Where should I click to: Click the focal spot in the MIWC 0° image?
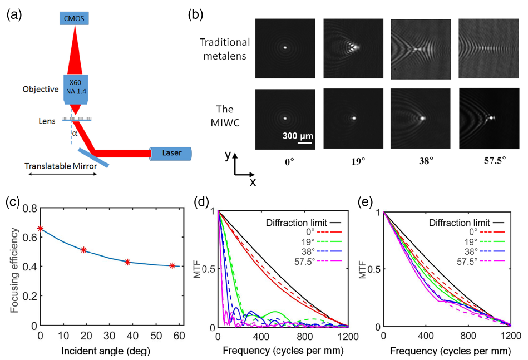[285, 118]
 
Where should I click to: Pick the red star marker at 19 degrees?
[83, 250]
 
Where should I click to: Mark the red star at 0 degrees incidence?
[40, 228]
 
